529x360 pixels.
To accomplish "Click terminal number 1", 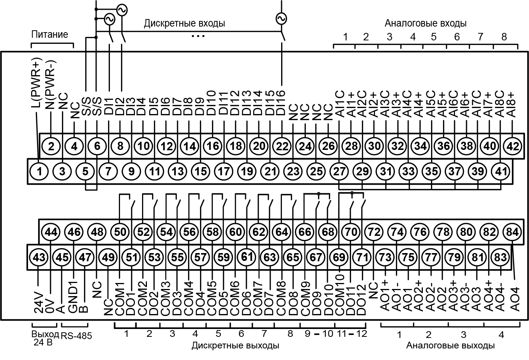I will (x=40, y=172).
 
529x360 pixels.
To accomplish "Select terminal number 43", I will (x=39, y=257).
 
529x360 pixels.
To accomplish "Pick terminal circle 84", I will (x=512, y=232).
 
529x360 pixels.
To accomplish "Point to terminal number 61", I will (x=247, y=257).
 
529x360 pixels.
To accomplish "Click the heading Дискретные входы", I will (x=184, y=24).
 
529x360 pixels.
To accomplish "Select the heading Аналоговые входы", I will (x=425, y=23).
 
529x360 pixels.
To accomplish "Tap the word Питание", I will (x=50, y=34).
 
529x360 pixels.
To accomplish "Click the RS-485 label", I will (x=76, y=336).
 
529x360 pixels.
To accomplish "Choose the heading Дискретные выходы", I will (x=235, y=345).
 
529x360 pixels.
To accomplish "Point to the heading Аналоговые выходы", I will (x=450, y=345).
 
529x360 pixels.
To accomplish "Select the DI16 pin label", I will (x=281, y=103).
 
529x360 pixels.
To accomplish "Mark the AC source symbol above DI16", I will (x=281, y=18).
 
